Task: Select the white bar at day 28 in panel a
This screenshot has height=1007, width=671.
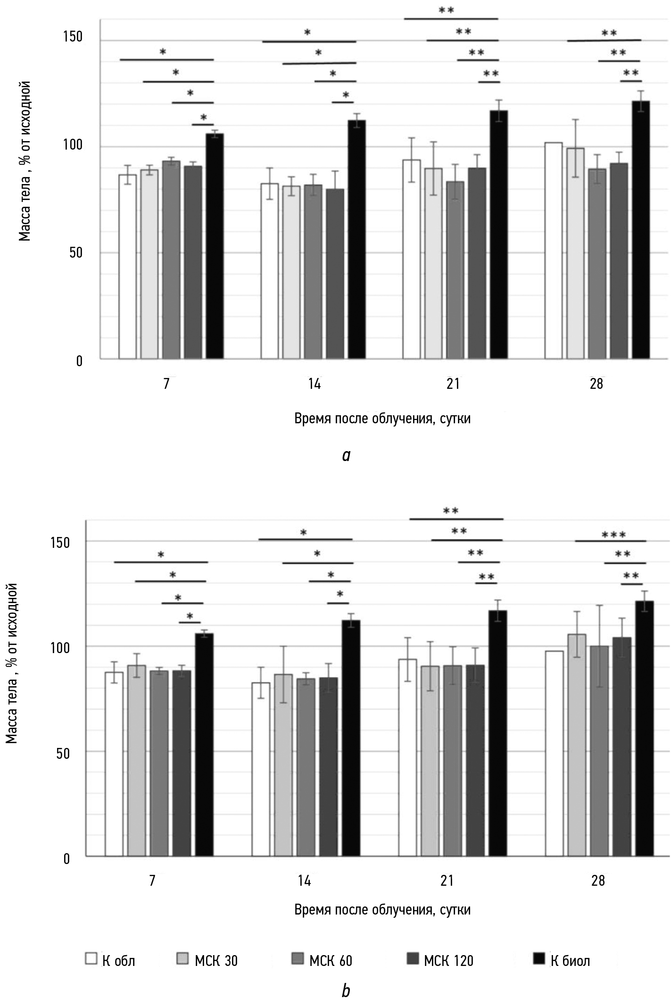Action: click(553, 250)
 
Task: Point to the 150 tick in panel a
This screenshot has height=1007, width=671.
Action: click(73, 36)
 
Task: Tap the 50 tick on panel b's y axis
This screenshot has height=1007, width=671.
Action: click(63, 752)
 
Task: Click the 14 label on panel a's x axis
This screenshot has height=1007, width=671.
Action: click(314, 384)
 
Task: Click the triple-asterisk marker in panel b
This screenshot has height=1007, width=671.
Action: click(613, 535)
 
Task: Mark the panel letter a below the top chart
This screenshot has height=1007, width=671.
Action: click(347, 455)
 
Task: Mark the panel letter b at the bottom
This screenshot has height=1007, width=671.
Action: click(346, 991)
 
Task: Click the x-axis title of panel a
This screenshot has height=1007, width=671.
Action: click(382, 419)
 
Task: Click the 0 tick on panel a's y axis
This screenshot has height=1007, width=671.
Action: click(79, 361)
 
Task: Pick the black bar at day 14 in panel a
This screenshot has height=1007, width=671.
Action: click(356, 239)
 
